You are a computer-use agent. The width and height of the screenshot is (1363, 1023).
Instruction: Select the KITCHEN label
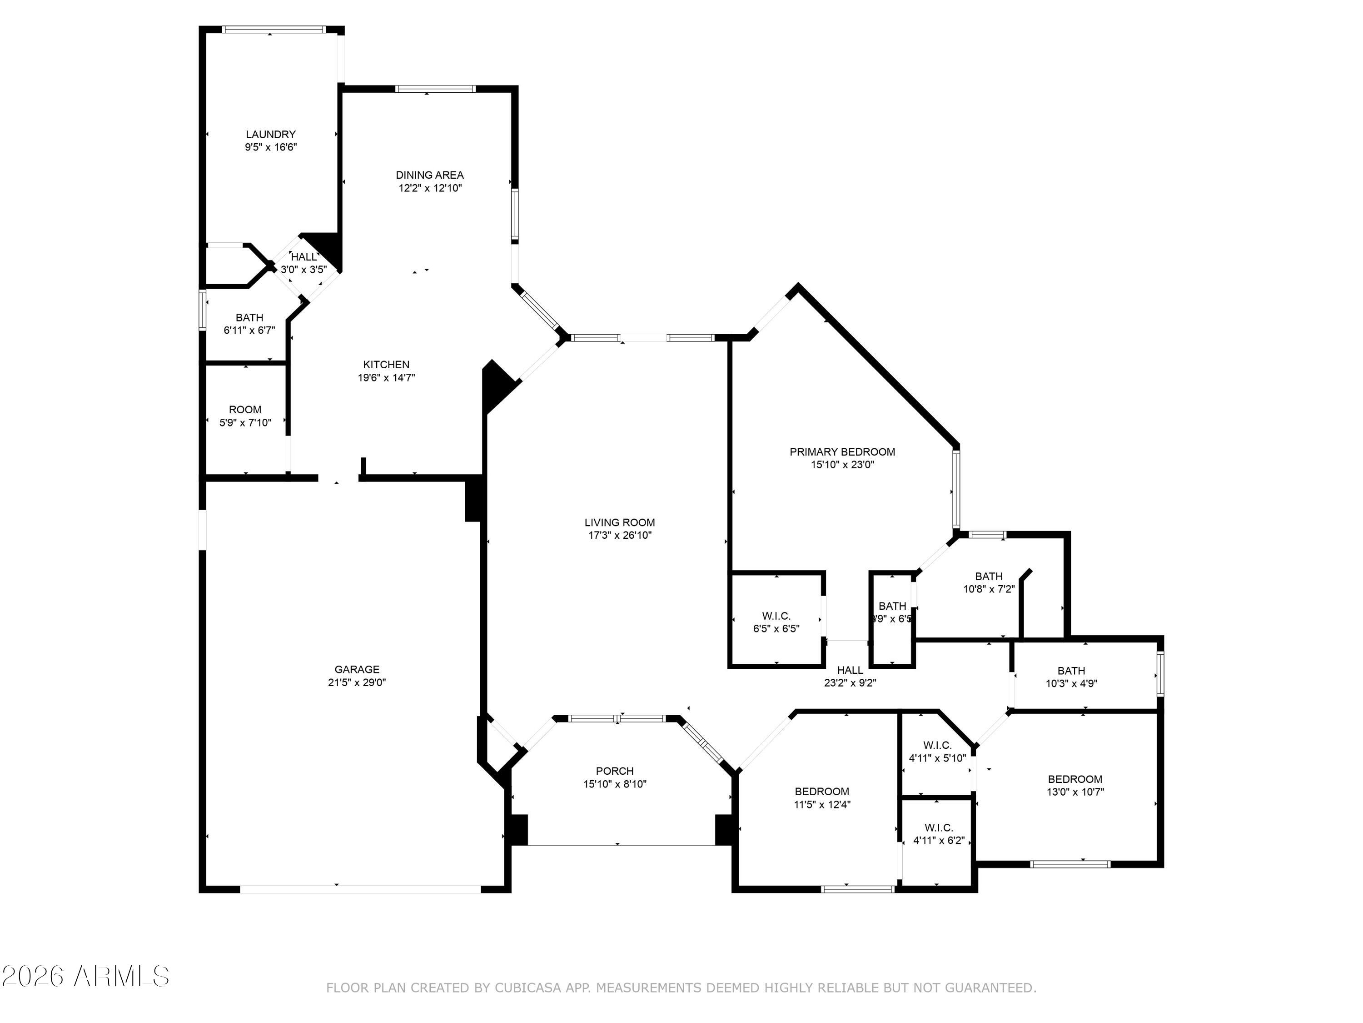click(386, 365)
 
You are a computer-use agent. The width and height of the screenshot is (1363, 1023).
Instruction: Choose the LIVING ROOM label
click(619, 522)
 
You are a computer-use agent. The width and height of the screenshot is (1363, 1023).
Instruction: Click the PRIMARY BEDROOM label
click(842, 452)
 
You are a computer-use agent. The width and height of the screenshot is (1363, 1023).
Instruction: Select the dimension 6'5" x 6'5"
click(776, 629)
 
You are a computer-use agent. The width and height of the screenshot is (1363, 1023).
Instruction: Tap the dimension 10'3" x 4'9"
click(1071, 683)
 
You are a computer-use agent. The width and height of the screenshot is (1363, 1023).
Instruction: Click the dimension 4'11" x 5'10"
click(937, 758)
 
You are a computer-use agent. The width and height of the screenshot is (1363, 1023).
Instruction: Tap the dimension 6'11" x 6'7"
click(249, 331)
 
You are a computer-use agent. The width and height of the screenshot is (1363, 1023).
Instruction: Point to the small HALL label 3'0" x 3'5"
click(304, 256)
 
